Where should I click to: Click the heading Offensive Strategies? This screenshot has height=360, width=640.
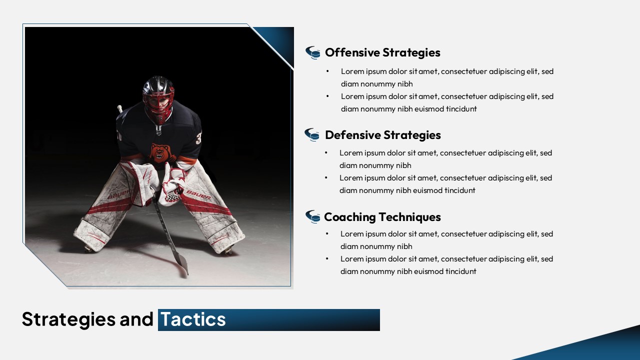[382, 52]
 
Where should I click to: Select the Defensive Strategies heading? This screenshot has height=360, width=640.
[383, 135]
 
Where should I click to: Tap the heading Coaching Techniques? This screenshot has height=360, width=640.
[382, 217]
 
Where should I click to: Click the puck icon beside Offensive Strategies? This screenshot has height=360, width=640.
[313, 52]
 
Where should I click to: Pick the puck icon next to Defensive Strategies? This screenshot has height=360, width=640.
[311, 134]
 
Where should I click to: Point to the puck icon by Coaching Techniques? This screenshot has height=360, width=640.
[313, 216]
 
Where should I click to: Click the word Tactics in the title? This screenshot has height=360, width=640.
[193, 319]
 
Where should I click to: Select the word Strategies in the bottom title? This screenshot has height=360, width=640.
[69, 319]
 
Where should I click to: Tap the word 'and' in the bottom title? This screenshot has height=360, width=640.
[136, 319]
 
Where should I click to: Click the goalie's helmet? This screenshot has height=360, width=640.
[158, 98]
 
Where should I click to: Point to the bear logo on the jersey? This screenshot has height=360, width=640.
[160, 153]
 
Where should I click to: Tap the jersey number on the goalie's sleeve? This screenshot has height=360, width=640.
[199, 137]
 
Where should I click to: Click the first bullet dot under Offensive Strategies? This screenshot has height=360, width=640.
[327, 71]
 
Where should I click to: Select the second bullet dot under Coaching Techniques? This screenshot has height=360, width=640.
[327, 259]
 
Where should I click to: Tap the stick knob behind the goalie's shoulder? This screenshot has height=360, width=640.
[119, 108]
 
